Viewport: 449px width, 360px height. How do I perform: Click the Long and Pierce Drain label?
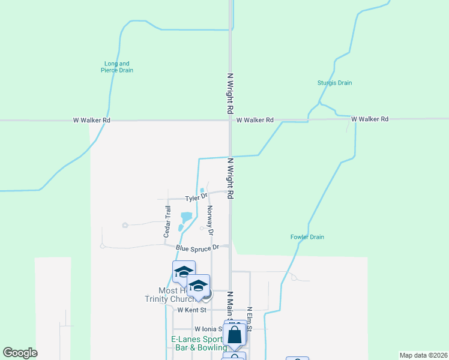pyautogui.click(x=116, y=67)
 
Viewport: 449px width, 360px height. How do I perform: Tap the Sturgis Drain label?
pyautogui.click(x=334, y=83)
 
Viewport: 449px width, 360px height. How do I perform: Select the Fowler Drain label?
pyautogui.click(x=307, y=237)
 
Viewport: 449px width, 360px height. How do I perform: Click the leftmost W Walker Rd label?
pyautogui.click(x=92, y=120)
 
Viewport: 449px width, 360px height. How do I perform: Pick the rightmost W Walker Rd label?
pyautogui.click(x=370, y=119)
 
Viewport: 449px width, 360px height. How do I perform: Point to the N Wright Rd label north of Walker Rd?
pyautogui.click(x=229, y=94)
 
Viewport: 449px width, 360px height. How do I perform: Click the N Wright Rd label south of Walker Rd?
pyautogui.click(x=229, y=178)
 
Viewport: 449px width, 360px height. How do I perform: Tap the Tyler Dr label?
pyautogui.click(x=196, y=197)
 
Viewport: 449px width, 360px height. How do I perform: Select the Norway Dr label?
pyautogui.click(x=210, y=220)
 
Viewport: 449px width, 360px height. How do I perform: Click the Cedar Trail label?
pyautogui.click(x=167, y=221)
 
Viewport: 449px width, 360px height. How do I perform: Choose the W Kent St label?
pyautogui.click(x=191, y=310)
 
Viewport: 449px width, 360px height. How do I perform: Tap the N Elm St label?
pyautogui.click(x=249, y=318)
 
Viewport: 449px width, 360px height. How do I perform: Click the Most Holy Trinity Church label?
pyautogui.click(x=167, y=295)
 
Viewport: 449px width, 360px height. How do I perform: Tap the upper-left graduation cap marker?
pyautogui.click(x=184, y=271)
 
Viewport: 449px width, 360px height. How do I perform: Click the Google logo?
pyautogui.click(x=20, y=352)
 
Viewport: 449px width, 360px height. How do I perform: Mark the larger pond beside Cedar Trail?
pyautogui.click(x=186, y=217)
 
